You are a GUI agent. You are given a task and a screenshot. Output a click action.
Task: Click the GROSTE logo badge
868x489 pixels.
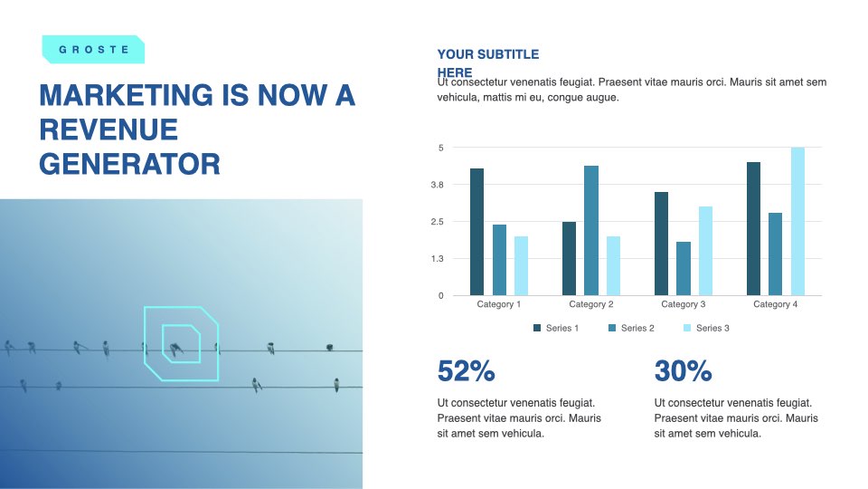(93, 49)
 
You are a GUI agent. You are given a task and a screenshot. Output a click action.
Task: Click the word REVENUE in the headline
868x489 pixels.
(108, 129)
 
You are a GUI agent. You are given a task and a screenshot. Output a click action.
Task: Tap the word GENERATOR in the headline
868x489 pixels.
(129, 164)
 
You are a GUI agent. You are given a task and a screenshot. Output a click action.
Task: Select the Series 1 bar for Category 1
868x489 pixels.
(476, 232)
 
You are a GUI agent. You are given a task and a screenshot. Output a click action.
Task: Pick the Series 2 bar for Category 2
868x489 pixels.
(591, 231)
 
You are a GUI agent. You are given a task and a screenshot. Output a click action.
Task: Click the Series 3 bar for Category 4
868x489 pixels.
(797, 221)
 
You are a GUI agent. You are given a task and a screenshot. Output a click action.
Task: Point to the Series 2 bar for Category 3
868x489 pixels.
(684, 269)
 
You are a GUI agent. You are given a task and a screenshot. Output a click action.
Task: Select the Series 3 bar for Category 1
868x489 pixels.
(521, 266)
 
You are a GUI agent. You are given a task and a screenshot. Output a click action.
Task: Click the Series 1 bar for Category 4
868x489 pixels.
(753, 229)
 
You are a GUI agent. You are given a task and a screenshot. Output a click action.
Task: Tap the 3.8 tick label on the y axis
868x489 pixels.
(438, 185)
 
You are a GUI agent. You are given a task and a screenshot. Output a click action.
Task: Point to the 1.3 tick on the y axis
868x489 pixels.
(438, 258)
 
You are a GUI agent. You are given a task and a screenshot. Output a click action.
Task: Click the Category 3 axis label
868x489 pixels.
(684, 304)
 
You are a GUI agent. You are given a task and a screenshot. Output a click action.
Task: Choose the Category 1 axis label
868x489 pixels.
(499, 304)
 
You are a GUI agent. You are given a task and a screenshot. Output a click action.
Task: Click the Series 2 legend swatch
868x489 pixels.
(612, 328)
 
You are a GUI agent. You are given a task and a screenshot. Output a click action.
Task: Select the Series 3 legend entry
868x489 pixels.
(706, 328)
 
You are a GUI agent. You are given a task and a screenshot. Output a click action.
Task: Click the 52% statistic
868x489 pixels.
(467, 371)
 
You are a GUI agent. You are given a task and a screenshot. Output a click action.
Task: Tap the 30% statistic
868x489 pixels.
(684, 371)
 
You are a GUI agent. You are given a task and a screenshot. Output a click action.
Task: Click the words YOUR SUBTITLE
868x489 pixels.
(487, 54)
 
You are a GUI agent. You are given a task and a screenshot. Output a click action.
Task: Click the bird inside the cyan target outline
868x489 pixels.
(176, 350)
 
